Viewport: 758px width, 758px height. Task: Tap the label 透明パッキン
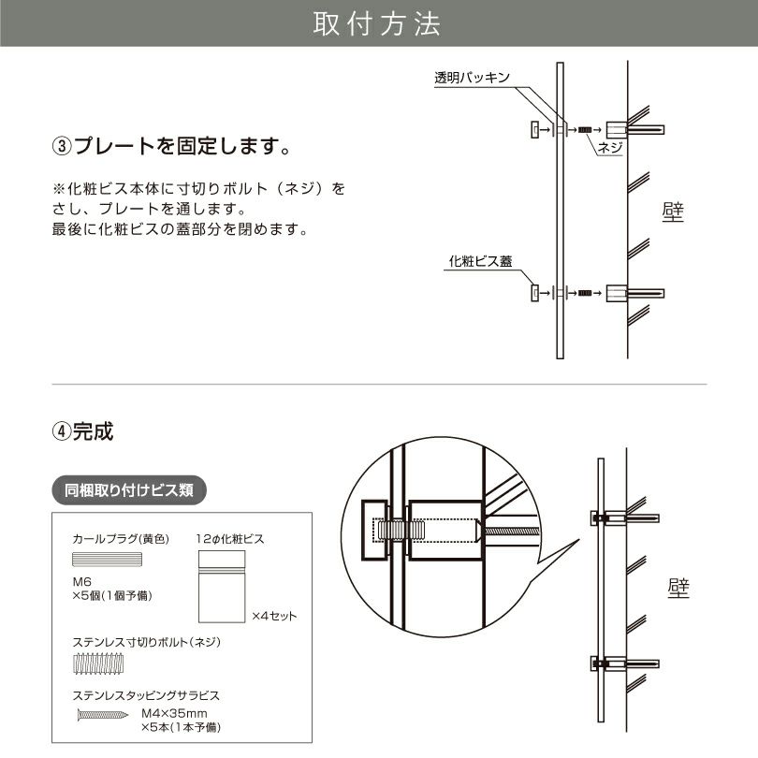click(x=472, y=79)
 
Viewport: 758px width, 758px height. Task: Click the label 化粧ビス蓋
click(x=480, y=262)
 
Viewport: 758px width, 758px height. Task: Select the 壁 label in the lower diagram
click(x=678, y=588)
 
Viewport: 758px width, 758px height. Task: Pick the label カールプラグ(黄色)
click(x=118, y=539)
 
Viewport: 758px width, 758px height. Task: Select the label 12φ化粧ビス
click(x=231, y=539)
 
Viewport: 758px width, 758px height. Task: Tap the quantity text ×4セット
click(x=274, y=616)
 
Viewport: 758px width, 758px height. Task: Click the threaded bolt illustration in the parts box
click(x=97, y=666)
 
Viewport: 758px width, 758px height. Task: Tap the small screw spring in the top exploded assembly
click(x=586, y=129)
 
